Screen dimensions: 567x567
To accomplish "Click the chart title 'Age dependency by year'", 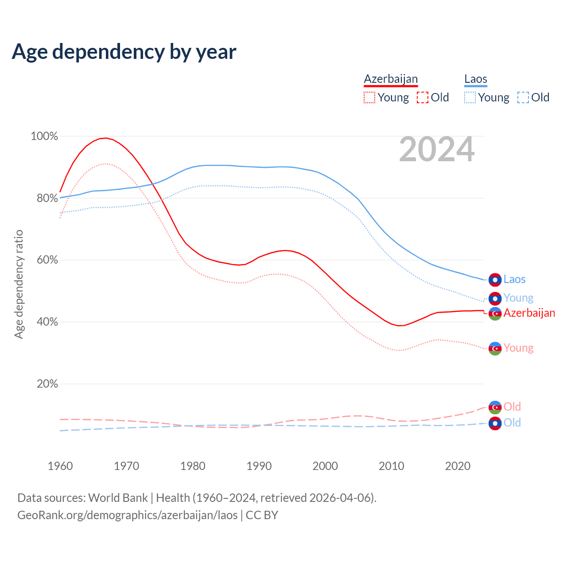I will coord(124,52).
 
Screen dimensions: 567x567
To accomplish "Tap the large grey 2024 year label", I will coord(437,149).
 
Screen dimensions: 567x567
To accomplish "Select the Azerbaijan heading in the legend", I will coord(391,79).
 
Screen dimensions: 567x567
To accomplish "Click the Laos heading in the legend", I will coord(476,79).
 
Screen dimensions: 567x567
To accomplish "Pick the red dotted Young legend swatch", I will coord(369,97).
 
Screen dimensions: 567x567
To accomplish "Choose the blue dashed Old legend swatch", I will coord(523,97).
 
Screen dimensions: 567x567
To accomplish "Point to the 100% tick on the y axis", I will coord(44,136).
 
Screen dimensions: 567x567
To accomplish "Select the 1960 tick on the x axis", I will coord(60,466).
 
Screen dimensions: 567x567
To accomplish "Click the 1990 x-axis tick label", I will coord(259,466).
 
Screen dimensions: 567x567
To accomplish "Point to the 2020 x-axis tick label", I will coord(458,466).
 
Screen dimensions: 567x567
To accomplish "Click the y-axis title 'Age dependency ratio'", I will coord(19,284).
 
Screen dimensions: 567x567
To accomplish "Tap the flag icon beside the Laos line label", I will coord(495,280).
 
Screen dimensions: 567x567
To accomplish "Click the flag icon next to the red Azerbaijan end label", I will coord(495,314).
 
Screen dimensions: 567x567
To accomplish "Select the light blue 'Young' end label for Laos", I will coord(518,298).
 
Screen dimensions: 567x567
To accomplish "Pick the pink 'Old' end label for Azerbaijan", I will coord(512,407).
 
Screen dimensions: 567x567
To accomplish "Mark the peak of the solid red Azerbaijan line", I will coord(105,138).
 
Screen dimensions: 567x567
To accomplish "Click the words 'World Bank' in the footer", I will coord(118,498).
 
